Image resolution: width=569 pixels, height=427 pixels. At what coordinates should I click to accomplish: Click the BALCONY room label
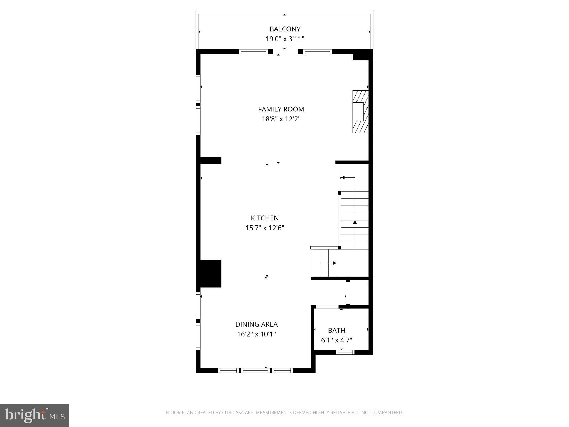285,29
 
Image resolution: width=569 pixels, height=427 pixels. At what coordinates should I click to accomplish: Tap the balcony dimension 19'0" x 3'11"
285,39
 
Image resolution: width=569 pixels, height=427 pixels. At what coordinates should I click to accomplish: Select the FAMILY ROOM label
281,109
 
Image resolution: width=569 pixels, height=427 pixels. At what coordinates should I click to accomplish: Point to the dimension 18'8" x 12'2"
281,119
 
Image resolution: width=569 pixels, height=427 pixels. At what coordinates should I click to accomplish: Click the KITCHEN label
265,218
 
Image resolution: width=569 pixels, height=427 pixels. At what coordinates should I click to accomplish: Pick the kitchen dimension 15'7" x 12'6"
265,228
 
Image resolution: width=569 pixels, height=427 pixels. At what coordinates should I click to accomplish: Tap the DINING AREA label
256,324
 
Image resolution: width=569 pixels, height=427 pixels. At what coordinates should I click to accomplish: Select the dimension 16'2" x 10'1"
256,334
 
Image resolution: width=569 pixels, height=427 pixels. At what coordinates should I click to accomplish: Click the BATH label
336,330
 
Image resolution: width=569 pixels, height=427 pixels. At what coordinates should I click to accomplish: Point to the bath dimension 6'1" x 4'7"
336,340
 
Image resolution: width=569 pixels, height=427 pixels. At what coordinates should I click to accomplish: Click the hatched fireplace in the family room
361,111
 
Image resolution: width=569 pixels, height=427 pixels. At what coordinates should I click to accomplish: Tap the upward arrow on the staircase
355,222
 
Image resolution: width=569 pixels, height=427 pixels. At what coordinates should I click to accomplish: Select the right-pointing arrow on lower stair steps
334,263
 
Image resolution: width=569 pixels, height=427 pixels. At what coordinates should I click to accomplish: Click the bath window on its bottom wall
345,352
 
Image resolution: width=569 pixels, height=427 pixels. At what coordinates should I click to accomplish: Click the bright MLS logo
34,415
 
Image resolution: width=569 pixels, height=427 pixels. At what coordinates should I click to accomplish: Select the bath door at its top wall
327,307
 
